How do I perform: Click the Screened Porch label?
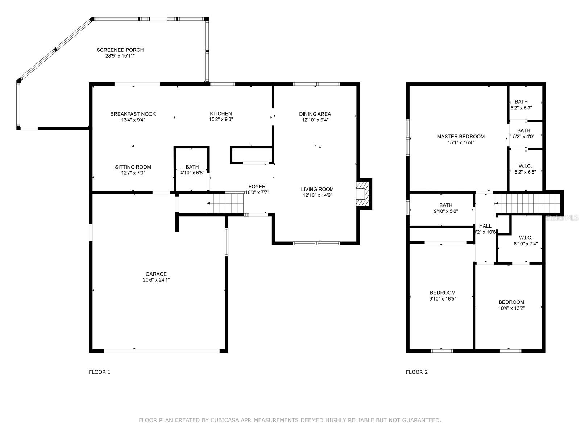(x=120, y=50)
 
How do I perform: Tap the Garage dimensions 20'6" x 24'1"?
(x=156, y=280)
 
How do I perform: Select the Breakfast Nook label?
(x=133, y=114)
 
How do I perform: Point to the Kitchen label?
(x=221, y=113)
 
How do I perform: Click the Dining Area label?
(x=315, y=114)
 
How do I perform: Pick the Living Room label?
(x=317, y=189)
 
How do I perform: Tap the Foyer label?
(x=257, y=186)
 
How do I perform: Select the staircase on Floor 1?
(x=225, y=203)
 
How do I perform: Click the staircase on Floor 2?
(x=528, y=203)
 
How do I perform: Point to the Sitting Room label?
(x=133, y=167)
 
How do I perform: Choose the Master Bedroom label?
(x=461, y=137)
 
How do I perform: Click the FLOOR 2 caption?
(x=417, y=372)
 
